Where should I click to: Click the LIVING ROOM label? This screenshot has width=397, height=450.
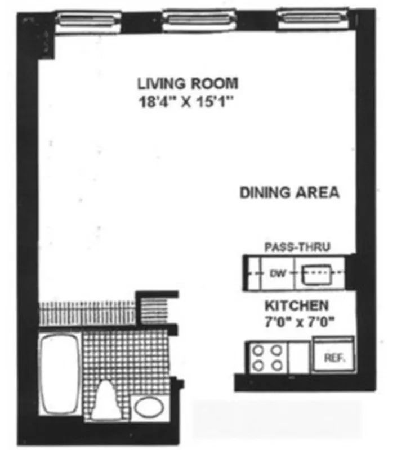pos(188,84)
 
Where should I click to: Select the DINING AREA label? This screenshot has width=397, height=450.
pos(289,193)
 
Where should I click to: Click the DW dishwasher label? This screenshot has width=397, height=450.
pos(276,274)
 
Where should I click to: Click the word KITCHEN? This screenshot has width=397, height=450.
pos(297,306)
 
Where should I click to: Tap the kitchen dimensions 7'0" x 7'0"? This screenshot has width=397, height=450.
pos(297,322)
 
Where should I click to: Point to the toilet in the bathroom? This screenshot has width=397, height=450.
pos(108,400)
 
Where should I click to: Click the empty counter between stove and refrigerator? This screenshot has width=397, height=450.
pos(298,358)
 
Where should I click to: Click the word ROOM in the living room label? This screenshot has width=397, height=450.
pos(217,84)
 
